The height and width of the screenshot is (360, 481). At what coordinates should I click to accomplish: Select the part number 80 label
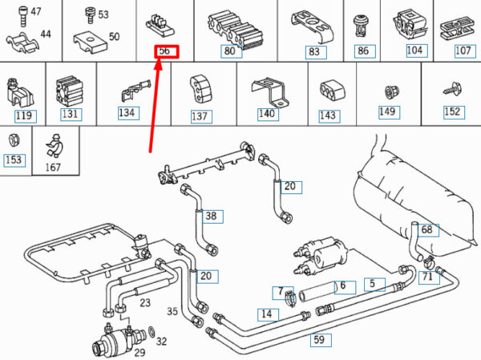click(x=232, y=51)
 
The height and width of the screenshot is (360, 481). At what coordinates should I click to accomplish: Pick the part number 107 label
click(x=463, y=51)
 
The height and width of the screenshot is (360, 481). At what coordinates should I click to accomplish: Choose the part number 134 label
click(x=127, y=113)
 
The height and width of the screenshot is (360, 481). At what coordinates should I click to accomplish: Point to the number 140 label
click(x=267, y=114)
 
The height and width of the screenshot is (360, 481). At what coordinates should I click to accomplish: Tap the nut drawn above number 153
click(x=14, y=141)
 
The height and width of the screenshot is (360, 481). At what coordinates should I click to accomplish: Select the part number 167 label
click(x=54, y=168)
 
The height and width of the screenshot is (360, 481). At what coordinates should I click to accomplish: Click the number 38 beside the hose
click(x=211, y=216)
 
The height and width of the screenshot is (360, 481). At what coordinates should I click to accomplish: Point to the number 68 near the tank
click(x=426, y=230)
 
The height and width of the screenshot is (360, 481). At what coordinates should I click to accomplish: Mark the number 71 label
click(x=427, y=277)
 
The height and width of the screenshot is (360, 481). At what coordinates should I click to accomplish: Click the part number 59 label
click(x=319, y=340)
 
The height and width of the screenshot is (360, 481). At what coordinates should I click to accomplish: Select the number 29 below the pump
click(x=139, y=352)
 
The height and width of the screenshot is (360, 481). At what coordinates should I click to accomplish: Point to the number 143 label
click(x=328, y=115)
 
